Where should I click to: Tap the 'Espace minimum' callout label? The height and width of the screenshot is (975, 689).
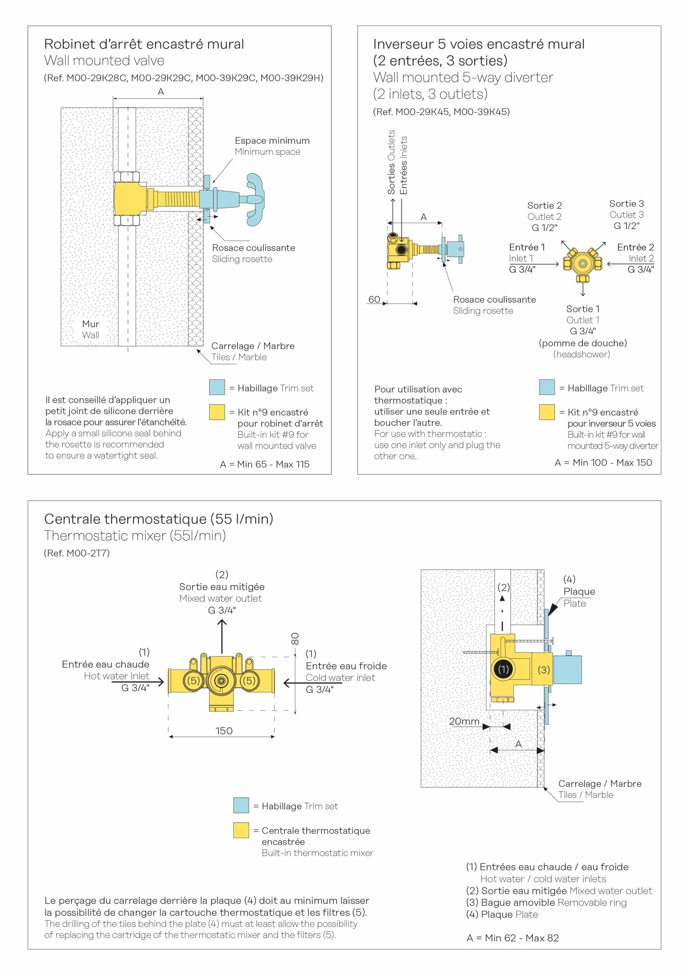pyautogui.click(x=272, y=141)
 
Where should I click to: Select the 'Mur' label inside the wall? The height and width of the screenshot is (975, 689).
pyautogui.click(x=91, y=324)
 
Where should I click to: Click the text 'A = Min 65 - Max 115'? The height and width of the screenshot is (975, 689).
pyautogui.click(x=265, y=464)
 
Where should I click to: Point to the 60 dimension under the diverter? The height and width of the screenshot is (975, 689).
pyautogui.click(x=374, y=299)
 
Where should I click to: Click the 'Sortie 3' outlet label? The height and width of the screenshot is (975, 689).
pyautogui.click(x=626, y=204)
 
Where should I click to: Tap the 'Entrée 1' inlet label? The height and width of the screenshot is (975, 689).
pyautogui.click(x=526, y=247)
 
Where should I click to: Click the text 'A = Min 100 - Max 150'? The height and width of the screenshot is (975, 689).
pyautogui.click(x=603, y=462)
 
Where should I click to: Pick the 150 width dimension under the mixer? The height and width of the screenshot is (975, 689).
pyautogui.click(x=224, y=731)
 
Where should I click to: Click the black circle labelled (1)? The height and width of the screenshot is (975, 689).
pyautogui.click(x=503, y=670)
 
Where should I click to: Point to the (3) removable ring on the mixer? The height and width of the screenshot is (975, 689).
pyautogui.click(x=544, y=670)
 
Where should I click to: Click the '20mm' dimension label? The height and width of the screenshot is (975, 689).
pyautogui.click(x=464, y=721)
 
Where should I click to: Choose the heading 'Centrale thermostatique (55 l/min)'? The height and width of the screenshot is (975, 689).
pyautogui.click(x=158, y=519)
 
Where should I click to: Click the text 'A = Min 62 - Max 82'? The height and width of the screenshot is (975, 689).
pyautogui.click(x=512, y=938)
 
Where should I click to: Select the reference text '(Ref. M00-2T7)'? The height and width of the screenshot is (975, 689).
pyautogui.click(x=77, y=553)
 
